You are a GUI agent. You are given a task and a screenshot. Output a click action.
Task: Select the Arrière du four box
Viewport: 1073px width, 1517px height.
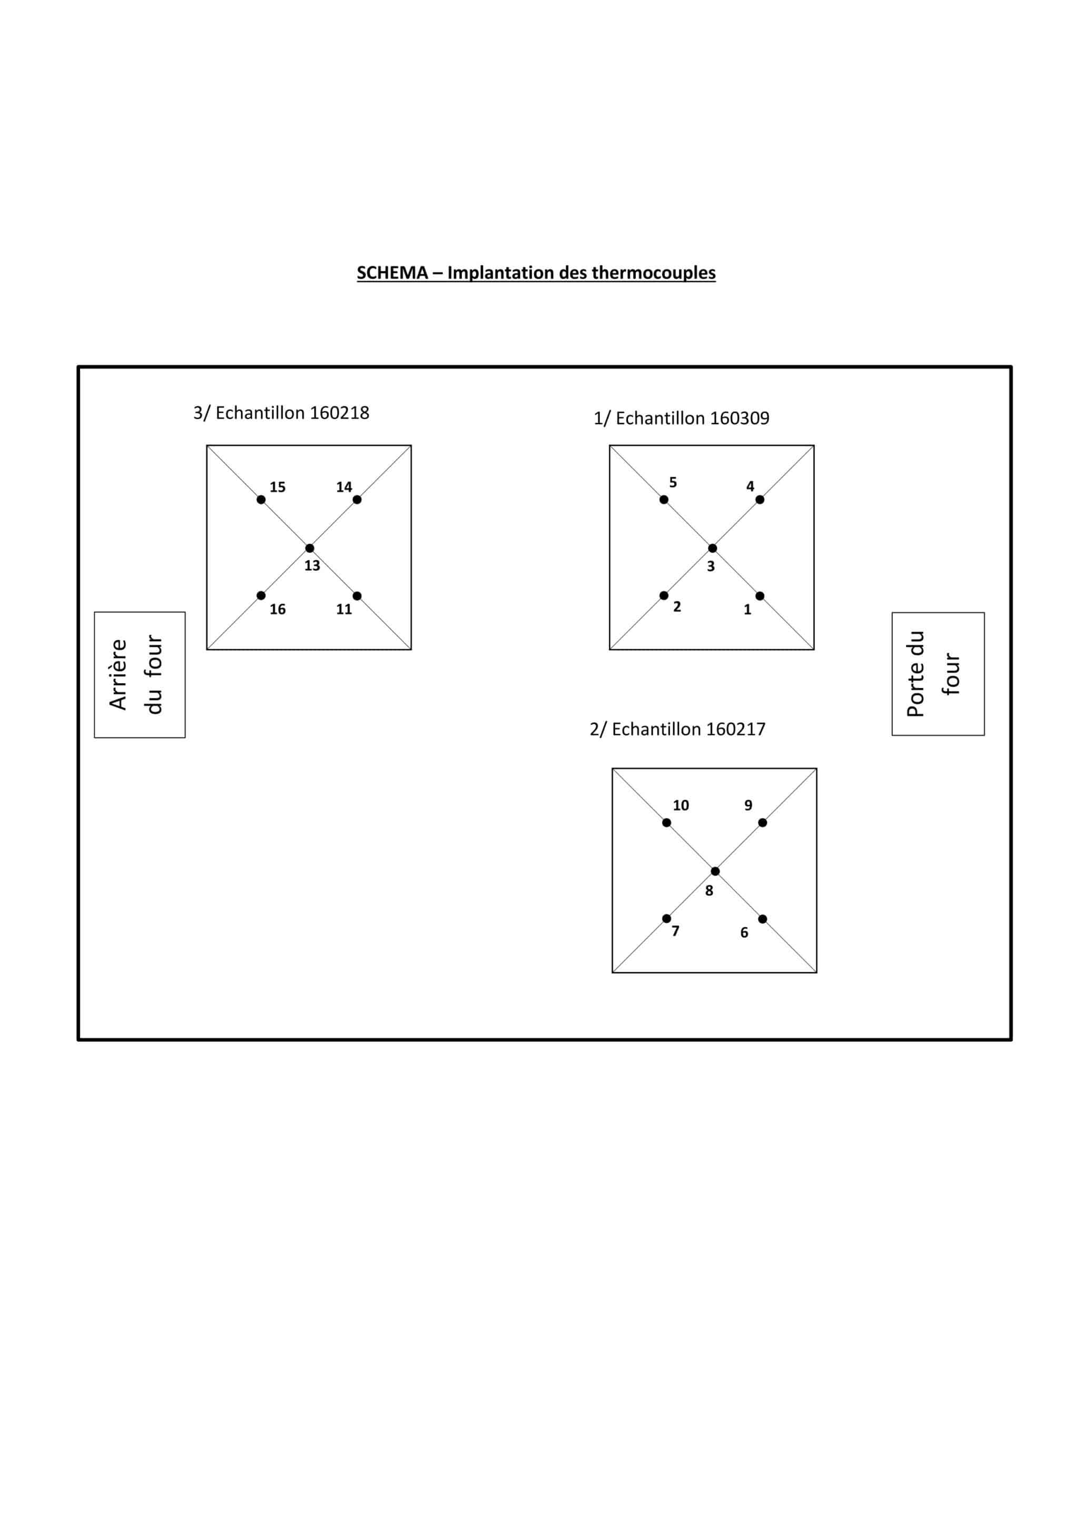pyautogui.click(x=140, y=675)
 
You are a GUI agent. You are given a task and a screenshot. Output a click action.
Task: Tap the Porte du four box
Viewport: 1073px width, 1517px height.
pyautogui.click(x=938, y=674)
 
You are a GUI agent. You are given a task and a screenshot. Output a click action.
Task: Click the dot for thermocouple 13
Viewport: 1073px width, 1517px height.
pyautogui.click(x=310, y=548)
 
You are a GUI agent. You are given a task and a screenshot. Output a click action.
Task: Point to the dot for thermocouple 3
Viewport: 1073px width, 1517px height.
pyautogui.click(x=712, y=548)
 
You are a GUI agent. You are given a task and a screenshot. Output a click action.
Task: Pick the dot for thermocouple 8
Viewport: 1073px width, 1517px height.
pyautogui.click(x=715, y=871)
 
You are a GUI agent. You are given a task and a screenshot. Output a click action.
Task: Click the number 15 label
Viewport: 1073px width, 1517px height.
pyautogui.click(x=278, y=487)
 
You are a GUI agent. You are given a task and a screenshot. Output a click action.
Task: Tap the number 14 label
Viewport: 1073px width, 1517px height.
pyautogui.click(x=344, y=487)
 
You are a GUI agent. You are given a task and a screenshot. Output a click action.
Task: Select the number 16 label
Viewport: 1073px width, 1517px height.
pyautogui.click(x=278, y=609)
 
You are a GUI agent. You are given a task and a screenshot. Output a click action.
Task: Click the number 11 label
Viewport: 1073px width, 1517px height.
pyautogui.click(x=344, y=609)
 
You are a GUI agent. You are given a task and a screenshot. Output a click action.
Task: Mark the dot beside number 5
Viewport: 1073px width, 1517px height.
pyautogui.click(x=664, y=499)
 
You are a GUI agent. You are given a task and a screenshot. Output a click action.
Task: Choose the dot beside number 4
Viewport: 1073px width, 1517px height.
pyautogui.click(x=760, y=499)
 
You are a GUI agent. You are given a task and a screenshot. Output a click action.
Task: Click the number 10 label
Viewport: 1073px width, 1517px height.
pyautogui.click(x=681, y=805)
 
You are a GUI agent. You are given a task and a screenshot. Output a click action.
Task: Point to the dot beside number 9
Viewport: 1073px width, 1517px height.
pyautogui.click(x=762, y=823)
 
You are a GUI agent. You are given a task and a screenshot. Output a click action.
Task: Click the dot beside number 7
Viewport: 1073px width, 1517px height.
pyautogui.click(x=667, y=919)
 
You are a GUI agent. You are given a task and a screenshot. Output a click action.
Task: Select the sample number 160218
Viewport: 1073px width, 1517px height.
pyautogui.click(x=340, y=413)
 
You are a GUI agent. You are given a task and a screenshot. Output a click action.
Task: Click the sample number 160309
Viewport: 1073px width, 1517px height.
pyautogui.click(x=740, y=418)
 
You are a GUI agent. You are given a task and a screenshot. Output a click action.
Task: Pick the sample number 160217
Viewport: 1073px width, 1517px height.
pyautogui.click(x=736, y=730)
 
